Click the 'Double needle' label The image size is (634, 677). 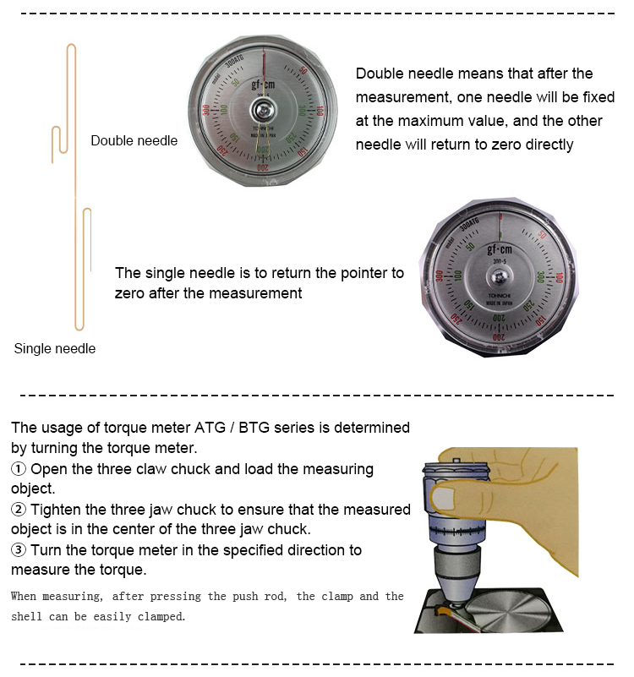[x=134, y=140]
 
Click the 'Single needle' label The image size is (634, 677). [x=55, y=348]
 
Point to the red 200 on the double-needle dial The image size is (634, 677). [x=263, y=168]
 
